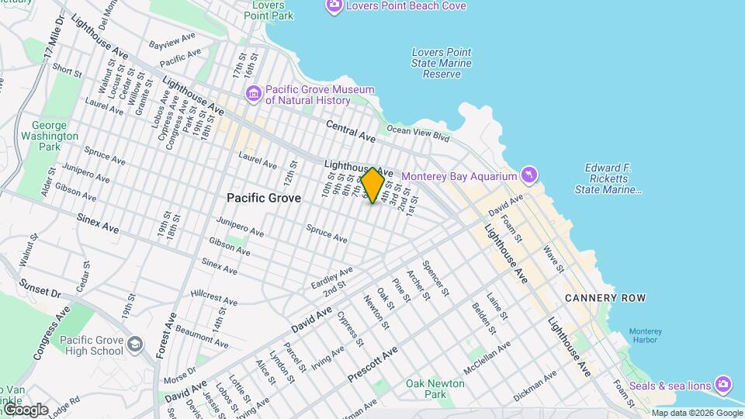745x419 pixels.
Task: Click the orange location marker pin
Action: click(373, 185)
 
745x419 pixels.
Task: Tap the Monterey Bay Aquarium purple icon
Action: click(529, 175)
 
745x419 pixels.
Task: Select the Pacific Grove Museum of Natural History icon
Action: click(253, 94)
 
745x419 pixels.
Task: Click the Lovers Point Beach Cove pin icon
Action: click(334, 6)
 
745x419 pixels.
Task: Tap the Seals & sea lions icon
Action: click(723, 384)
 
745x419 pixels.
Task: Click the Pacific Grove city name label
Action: click(263, 199)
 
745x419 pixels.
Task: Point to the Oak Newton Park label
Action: click(435, 389)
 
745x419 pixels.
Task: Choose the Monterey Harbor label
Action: click(645, 335)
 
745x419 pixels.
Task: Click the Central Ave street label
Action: click(350, 130)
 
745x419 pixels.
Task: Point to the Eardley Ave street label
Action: click(331, 275)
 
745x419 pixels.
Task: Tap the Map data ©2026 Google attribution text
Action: click(696, 413)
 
